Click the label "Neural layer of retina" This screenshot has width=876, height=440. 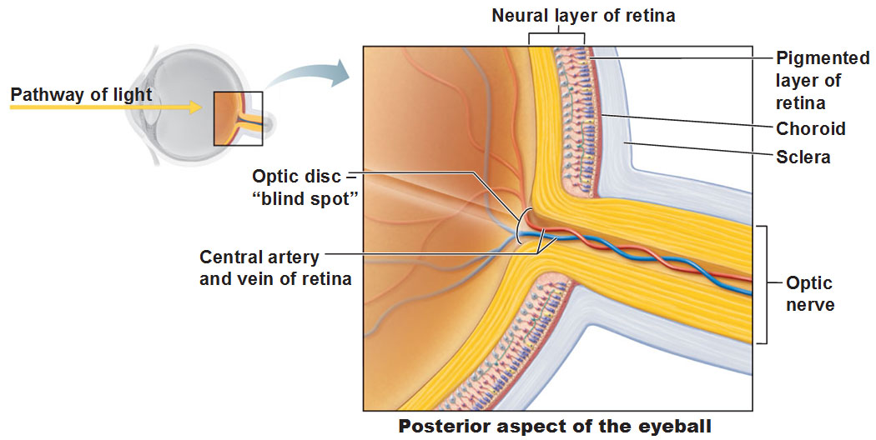click(x=583, y=15)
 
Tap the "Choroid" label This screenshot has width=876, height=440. click(x=811, y=128)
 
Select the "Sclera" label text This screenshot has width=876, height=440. click(x=803, y=157)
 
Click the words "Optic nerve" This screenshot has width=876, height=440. click(x=810, y=293)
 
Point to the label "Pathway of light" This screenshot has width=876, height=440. click(x=81, y=95)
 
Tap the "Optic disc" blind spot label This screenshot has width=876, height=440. click(x=305, y=187)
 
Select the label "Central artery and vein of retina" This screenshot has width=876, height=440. click(x=275, y=267)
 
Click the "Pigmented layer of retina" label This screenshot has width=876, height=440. click(x=823, y=80)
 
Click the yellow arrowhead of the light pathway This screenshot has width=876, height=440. click(x=195, y=107)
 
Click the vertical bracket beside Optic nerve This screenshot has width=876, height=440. click(x=767, y=284)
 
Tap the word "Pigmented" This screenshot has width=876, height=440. click(x=823, y=58)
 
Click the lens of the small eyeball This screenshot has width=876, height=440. click(x=148, y=106)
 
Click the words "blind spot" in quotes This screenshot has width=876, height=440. click(x=309, y=199)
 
